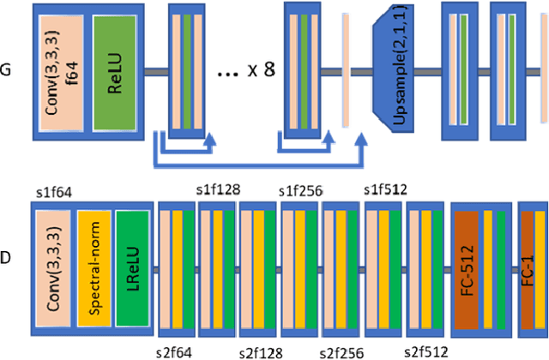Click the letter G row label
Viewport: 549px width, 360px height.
coord(7,69)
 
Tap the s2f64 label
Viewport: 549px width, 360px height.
coord(177,351)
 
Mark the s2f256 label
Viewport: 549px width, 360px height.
coord(341,351)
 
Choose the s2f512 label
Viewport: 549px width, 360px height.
coord(426,351)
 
